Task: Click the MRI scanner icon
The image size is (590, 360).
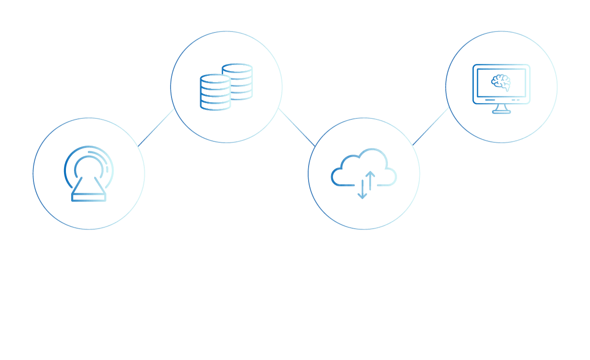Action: click(89, 174)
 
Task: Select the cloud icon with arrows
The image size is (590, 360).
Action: click(364, 172)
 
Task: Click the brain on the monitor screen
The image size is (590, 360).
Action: click(501, 82)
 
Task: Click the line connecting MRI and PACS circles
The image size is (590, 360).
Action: click(157, 126)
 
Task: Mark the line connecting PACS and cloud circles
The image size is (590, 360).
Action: click(296, 127)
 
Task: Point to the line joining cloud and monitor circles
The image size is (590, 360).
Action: click(431, 126)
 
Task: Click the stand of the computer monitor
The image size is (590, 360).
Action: click(501, 109)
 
